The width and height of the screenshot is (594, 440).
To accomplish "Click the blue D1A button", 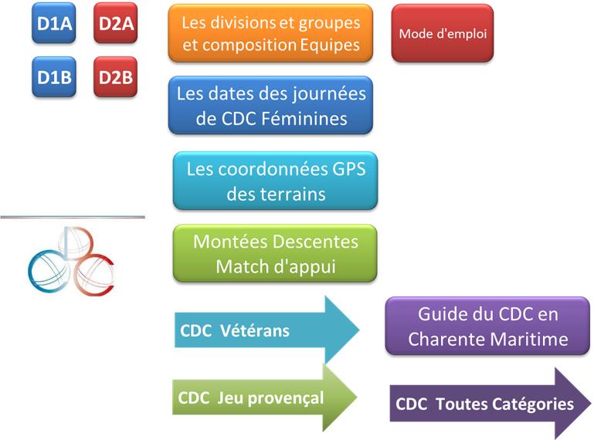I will click(55, 24).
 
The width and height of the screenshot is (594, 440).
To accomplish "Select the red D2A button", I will click(116, 24).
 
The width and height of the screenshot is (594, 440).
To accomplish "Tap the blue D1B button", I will click(55, 78).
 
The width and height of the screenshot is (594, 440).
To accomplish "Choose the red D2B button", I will click(116, 78).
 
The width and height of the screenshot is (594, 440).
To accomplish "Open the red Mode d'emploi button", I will click(442, 35).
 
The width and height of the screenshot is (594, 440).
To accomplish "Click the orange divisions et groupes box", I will click(270, 34).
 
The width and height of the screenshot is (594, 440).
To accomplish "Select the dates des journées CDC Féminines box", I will click(270, 107).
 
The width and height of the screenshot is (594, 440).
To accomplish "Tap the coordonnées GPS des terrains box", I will click(276, 181).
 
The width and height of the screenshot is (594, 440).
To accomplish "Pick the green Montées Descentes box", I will click(276, 253).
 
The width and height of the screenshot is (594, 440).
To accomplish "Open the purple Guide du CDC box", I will click(487, 327).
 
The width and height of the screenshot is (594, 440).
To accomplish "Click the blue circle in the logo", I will click(44, 269).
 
